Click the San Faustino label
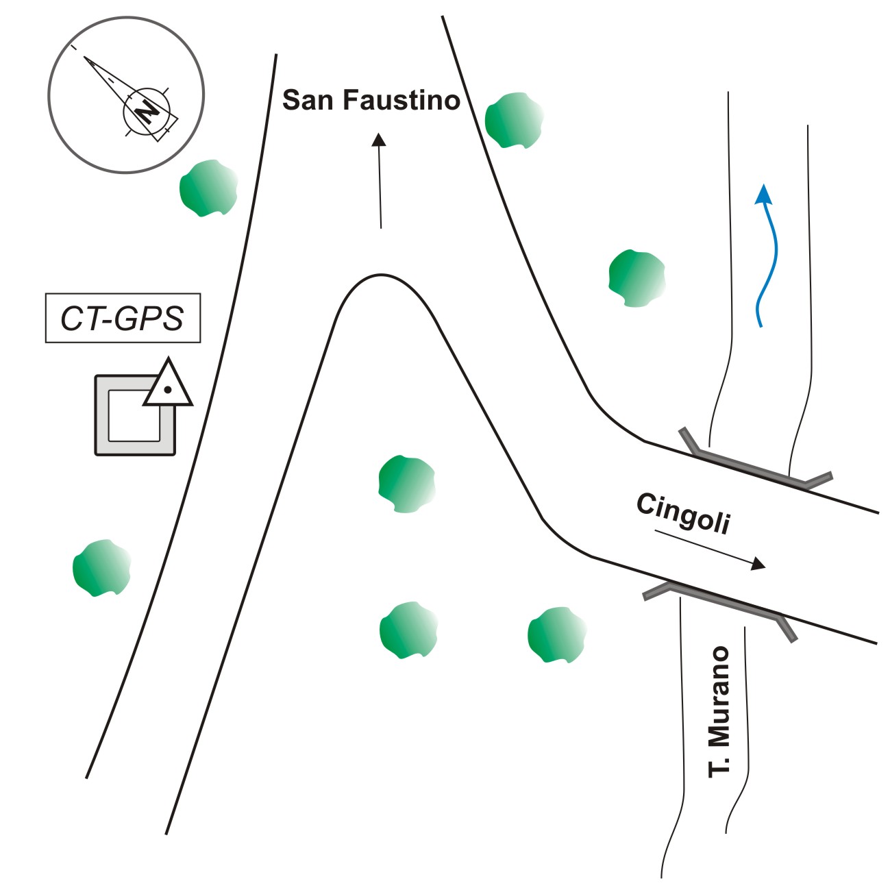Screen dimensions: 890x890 [371, 100]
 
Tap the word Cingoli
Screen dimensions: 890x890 [683, 513]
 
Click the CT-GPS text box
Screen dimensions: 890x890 [123, 318]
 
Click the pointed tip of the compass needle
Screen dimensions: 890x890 [85, 58]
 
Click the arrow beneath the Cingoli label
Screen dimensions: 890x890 [710, 549]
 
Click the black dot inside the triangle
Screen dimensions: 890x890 [167, 391]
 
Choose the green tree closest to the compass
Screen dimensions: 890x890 [208, 188]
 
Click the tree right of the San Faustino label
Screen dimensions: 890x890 [514, 120]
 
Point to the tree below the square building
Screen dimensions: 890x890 [101, 568]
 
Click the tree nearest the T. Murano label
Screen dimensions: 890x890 [556, 634]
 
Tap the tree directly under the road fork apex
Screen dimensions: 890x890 [406, 484]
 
